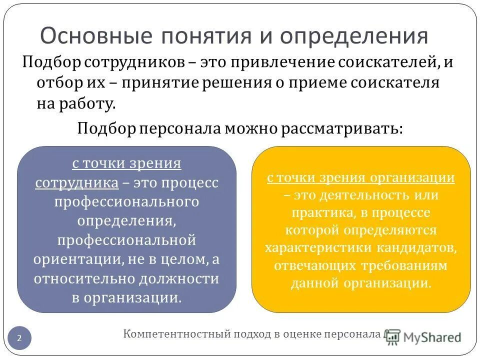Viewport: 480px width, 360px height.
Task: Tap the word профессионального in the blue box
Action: click(126, 201)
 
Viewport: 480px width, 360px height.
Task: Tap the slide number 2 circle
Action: click(19, 338)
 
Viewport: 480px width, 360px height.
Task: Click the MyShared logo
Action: click(424, 337)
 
